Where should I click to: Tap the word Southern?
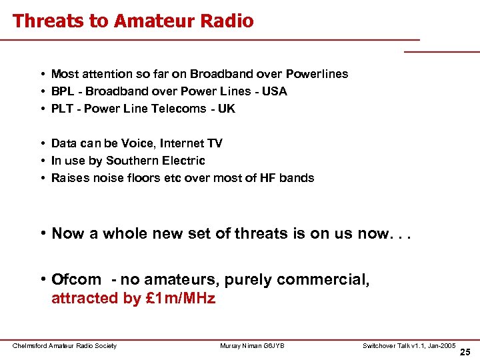[x=133, y=161]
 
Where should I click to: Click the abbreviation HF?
[x=271, y=178]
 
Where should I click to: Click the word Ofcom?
[x=76, y=280]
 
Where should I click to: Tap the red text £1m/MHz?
[x=179, y=298]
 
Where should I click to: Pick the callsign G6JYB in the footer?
[x=272, y=345]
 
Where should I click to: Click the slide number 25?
[x=465, y=352]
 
